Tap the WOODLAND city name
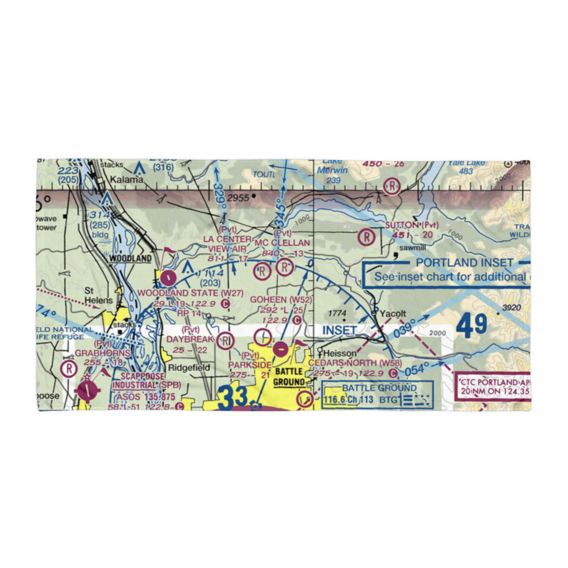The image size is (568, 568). tap(130, 258)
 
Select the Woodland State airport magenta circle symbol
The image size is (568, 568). tap(168, 278)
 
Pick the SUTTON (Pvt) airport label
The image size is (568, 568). tap(412, 225)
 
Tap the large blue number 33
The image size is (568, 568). tap(233, 396)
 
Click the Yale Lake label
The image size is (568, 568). tap(467, 164)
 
